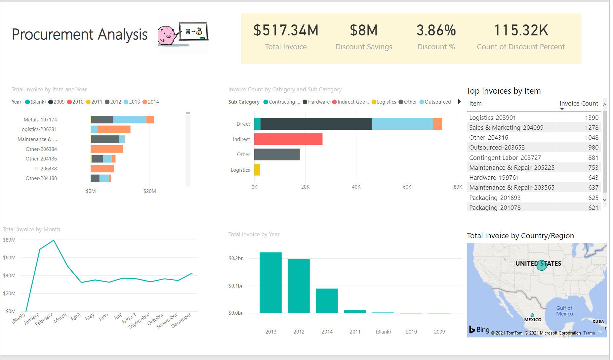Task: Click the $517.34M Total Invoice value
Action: click(286, 30)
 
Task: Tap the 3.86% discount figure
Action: click(436, 30)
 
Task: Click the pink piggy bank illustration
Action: click(168, 35)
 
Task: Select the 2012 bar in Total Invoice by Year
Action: click(299, 286)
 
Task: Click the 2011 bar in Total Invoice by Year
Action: click(355, 311)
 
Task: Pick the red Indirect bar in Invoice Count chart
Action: click(288, 139)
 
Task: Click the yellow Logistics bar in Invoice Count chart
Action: click(257, 170)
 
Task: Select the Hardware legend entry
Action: click(319, 102)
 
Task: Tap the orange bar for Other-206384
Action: click(107, 149)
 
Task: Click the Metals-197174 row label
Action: click(40, 120)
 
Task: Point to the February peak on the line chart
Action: click(54, 240)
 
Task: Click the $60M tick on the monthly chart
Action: click(9, 258)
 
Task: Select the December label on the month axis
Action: click(182, 320)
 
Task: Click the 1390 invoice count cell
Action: click(592, 118)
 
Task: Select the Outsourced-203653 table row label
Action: click(497, 148)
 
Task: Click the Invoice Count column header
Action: click(579, 104)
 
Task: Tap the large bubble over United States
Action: click(542, 265)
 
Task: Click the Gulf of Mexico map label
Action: click(564, 311)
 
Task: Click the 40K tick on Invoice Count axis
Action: click(356, 187)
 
